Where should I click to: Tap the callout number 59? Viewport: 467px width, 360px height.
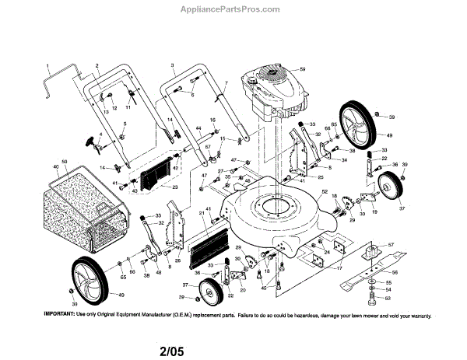[304, 71]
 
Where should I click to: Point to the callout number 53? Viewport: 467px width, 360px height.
[388, 297]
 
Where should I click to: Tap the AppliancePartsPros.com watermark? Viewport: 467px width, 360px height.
[234, 9]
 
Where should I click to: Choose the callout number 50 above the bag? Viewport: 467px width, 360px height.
[65, 161]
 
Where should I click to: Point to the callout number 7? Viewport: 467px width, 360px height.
[226, 83]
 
